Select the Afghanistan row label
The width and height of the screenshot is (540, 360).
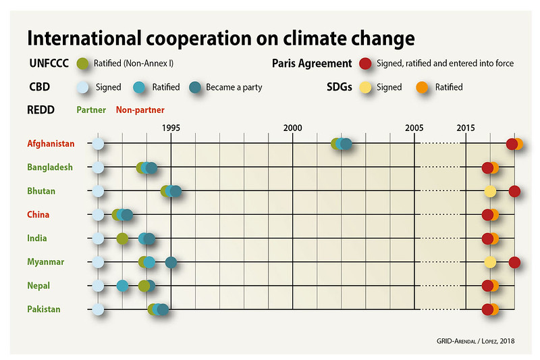51,144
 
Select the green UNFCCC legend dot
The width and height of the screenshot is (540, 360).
83,64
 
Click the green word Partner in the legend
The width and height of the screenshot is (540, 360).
91,109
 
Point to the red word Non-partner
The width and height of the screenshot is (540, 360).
140,109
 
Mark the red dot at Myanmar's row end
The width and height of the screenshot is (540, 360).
514,262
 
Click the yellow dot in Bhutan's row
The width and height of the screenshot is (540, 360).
490,191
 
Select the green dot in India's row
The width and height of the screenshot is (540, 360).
122,238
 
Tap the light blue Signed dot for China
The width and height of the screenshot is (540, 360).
98,215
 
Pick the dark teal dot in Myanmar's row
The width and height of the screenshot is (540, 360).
171,262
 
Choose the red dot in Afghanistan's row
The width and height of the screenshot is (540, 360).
512,144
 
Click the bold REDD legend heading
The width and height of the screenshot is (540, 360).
41,109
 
